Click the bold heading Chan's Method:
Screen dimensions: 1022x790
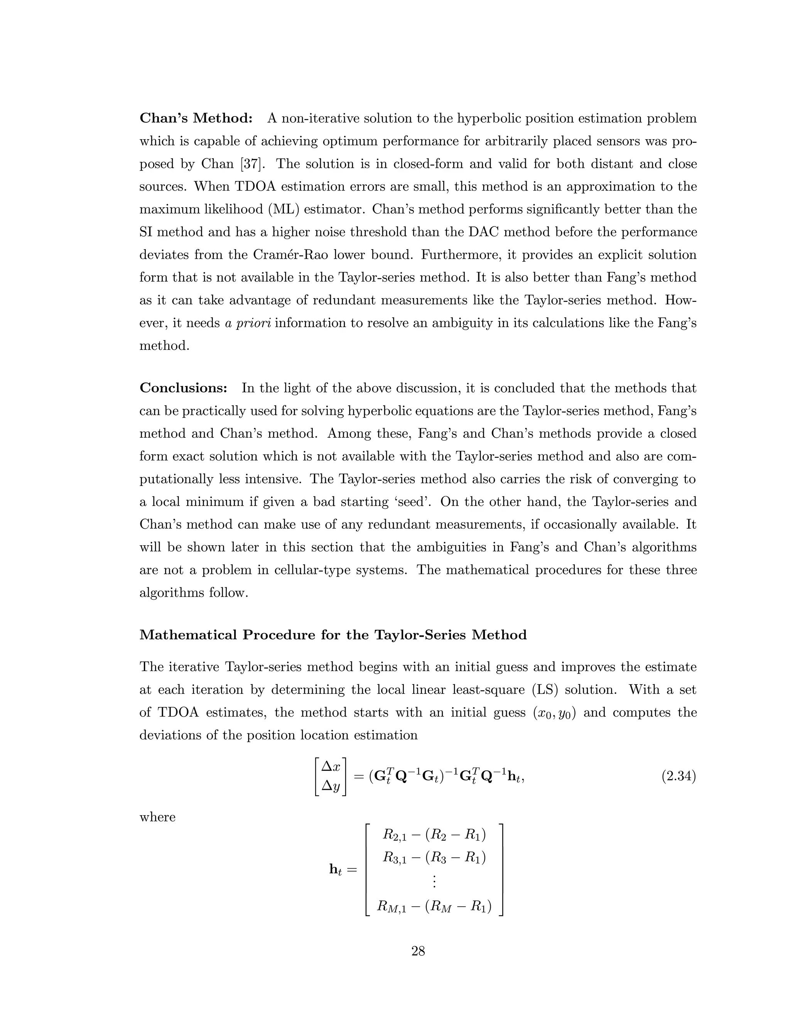click(x=196, y=118)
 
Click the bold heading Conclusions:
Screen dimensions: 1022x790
click(x=184, y=388)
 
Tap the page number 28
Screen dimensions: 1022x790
click(x=418, y=951)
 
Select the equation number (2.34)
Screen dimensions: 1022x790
click(x=678, y=777)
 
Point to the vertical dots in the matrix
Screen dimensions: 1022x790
click(x=434, y=882)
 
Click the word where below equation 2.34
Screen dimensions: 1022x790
click(x=157, y=818)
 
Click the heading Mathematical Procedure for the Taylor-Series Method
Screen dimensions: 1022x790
click(x=333, y=635)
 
